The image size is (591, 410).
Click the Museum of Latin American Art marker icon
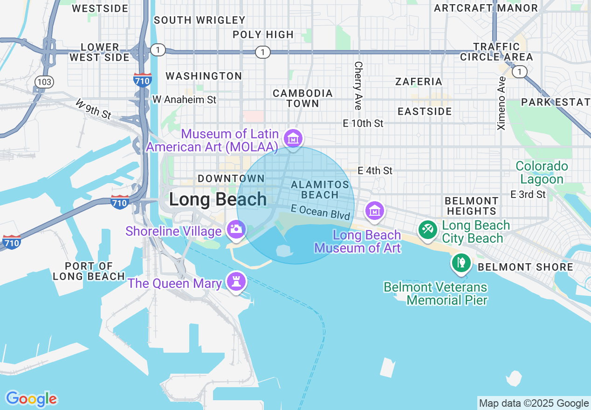[x=293, y=138]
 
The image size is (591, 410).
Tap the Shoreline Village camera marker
[x=236, y=229]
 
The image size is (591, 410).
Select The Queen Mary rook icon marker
[x=236, y=281]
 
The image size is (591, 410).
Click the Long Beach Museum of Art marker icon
[x=375, y=211]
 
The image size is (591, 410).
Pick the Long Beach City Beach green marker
[x=427, y=229]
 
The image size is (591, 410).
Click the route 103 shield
[x=44, y=82]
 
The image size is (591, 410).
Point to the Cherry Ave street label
[x=358, y=86]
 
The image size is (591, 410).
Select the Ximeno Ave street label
[x=502, y=103]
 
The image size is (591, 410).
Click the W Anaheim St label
[x=185, y=100]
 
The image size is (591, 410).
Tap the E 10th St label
[x=363, y=123]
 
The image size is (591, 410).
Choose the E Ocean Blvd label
[x=320, y=212]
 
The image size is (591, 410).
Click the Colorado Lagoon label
[x=542, y=173]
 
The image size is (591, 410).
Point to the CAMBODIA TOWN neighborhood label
[x=303, y=98]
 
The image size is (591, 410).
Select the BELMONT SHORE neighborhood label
[x=526, y=267]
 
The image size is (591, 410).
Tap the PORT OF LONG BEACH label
[x=89, y=271]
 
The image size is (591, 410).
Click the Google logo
[x=31, y=399]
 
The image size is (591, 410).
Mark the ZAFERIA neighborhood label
[x=419, y=82]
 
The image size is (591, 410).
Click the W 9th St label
[x=93, y=109]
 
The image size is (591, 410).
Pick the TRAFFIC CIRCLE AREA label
[x=496, y=52]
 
